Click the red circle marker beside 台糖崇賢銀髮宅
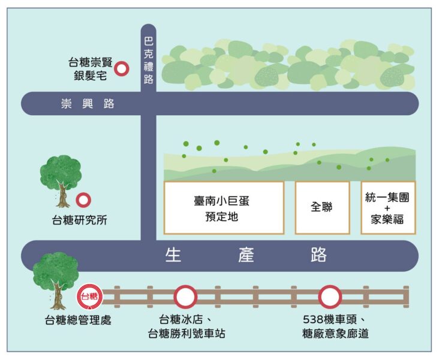[x=122, y=68]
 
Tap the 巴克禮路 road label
[x=148, y=61]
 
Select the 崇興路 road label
[x=88, y=104]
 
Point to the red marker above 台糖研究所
[x=83, y=200]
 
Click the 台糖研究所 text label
[x=80, y=220]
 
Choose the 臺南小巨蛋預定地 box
[x=224, y=208]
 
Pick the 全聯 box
[x=322, y=208]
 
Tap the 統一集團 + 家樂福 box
[x=388, y=208]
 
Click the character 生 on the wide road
[x=173, y=254]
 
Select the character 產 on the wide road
[x=246, y=254]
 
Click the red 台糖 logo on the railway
[x=89, y=296]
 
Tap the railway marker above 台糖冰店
[x=185, y=296]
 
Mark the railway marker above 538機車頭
[x=330, y=296]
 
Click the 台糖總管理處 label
[x=78, y=320]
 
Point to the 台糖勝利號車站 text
[x=187, y=334]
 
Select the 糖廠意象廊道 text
[x=335, y=334]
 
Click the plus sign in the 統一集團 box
[x=387, y=208]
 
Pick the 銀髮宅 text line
[x=90, y=76]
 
